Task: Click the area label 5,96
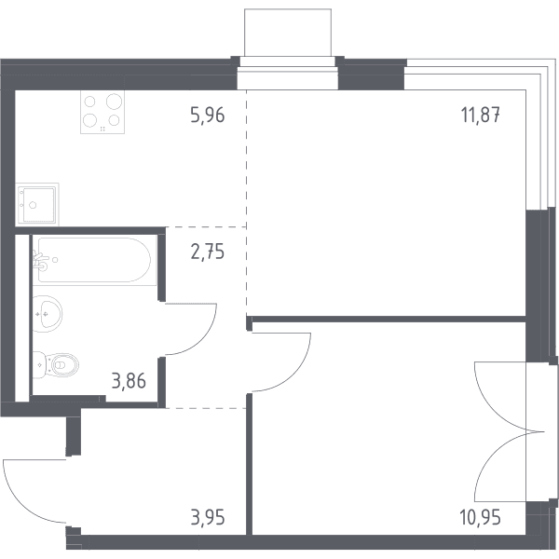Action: [208, 115]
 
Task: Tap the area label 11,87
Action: [480, 115]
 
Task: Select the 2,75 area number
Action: [208, 252]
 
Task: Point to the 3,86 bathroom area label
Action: [129, 381]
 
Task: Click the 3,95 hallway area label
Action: [208, 517]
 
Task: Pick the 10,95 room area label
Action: [481, 517]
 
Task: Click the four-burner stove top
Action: [102, 112]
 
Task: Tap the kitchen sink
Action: [37, 205]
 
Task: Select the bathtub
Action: [94, 260]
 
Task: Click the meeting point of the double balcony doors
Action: [544, 431]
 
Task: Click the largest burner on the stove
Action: [114, 102]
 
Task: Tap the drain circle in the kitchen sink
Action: [33, 205]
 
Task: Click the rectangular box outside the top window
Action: [288, 33]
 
